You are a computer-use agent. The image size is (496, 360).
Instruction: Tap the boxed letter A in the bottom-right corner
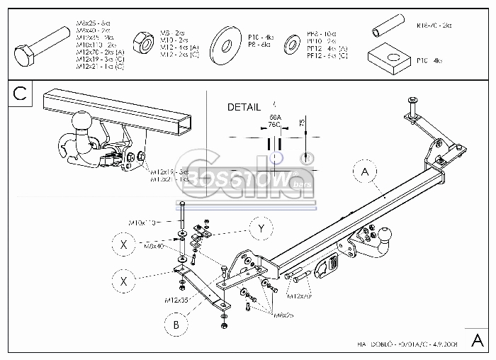pyautogui.click(x=479, y=337)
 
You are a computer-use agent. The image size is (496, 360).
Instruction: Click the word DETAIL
pyautogui.click(x=244, y=108)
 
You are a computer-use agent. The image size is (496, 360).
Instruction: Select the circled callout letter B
pyautogui.click(x=176, y=325)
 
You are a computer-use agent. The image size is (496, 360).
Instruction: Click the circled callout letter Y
pyautogui.click(x=261, y=228)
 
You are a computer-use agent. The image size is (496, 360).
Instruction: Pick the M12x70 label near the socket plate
pyautogui.click(x=300, y=296)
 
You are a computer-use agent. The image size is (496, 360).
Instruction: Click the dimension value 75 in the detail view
pyautogui.click(x=303, y=124)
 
